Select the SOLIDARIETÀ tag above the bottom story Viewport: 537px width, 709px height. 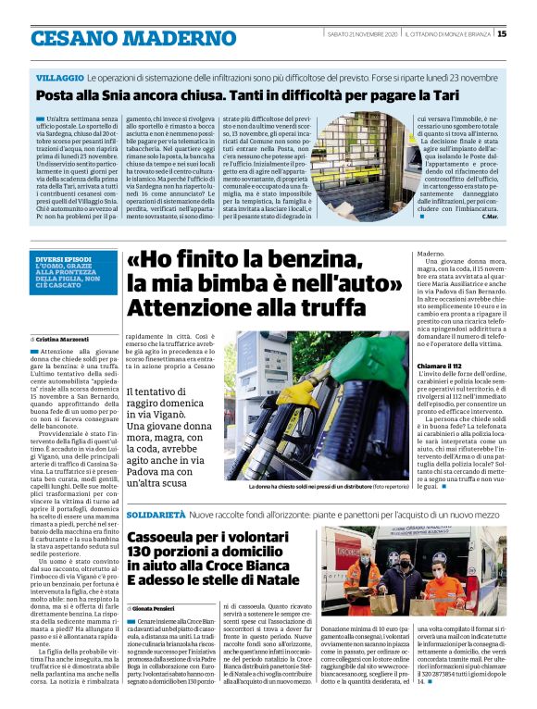pyautogui.click(x=157, y=513)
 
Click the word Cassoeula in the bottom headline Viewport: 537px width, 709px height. pyautogui.click(x=168, y=538)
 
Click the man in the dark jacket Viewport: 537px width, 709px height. pyautogui.click(x=406, y=579)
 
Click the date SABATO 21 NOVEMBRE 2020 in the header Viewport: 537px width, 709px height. pyautogui.click(x=361, y=34)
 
